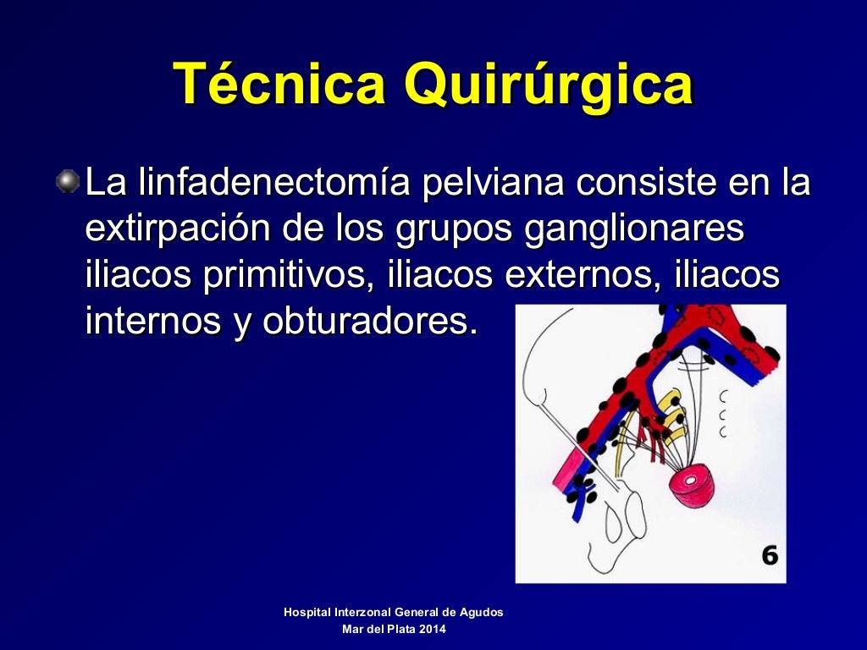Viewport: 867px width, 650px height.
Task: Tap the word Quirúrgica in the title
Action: pyautogui.click(x=548, y=86)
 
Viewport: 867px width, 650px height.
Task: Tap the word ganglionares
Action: pyautogui.click(x=634, y=230)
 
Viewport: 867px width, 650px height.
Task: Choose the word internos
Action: pyautogui.click(x=148, y=322)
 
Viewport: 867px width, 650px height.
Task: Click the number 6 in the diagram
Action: pyautogui.click(x=769, y=555)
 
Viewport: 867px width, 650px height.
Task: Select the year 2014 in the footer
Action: pyautogui.click(x=432, y=630)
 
